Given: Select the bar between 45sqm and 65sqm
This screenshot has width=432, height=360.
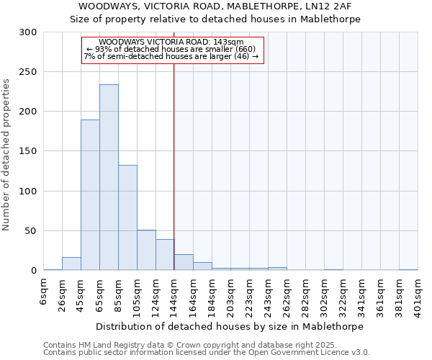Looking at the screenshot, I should (x=90, y=194).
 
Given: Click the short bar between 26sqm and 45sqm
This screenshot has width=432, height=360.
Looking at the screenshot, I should (x=71, y=264).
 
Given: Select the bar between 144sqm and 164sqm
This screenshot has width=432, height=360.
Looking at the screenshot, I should (x=184, y=263).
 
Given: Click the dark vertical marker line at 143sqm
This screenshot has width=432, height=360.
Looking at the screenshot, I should (x=174, y=166).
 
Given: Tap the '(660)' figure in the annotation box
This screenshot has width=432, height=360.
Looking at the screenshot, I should (x=241, y=49).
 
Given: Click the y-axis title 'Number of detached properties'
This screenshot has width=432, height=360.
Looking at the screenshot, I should (x=6, y=155).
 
